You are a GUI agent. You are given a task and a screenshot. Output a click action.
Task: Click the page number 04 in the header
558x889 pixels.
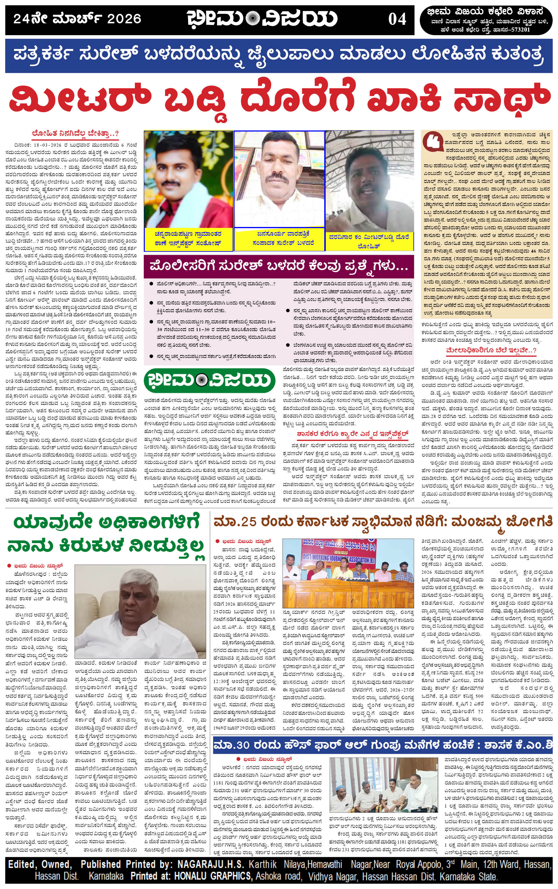click(397, 19)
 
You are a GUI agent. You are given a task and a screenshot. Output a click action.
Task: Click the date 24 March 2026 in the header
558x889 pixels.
click(77, 18)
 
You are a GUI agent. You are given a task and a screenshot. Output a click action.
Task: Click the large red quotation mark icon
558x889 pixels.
click(433, 142)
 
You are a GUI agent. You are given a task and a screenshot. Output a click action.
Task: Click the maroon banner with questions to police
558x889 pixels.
click(279, 266)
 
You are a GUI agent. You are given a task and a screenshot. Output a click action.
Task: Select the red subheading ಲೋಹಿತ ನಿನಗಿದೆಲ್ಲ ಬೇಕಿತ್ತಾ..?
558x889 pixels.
click(75, 133)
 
